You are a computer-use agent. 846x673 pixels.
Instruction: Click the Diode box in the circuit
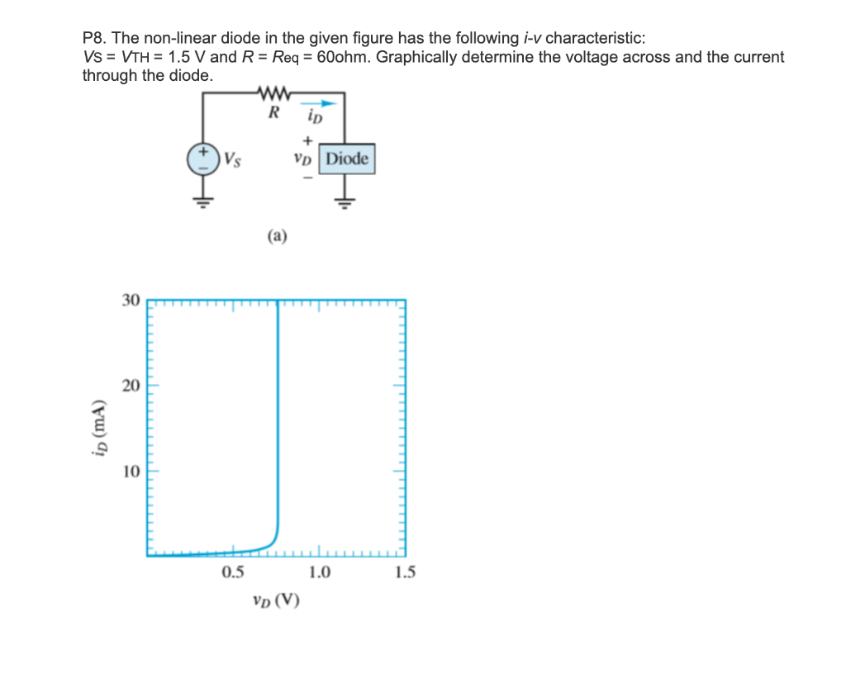click(347, 159)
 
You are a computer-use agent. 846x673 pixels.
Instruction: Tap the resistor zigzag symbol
click(273, 92)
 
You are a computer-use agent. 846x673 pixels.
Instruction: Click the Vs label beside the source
click(231, 159)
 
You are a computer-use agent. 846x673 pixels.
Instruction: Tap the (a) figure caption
click(277, 237)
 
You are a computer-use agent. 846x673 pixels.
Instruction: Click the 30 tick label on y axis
click(131, 300)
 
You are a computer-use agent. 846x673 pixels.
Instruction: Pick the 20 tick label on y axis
click(131, 386)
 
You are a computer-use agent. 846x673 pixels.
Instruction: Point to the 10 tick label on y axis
click(131, 472)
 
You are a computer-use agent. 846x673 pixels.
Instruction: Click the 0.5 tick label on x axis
click(233, 571)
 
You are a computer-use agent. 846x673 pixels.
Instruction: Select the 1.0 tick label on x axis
click(319, 571)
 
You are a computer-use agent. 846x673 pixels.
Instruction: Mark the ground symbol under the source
click(201, 200)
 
